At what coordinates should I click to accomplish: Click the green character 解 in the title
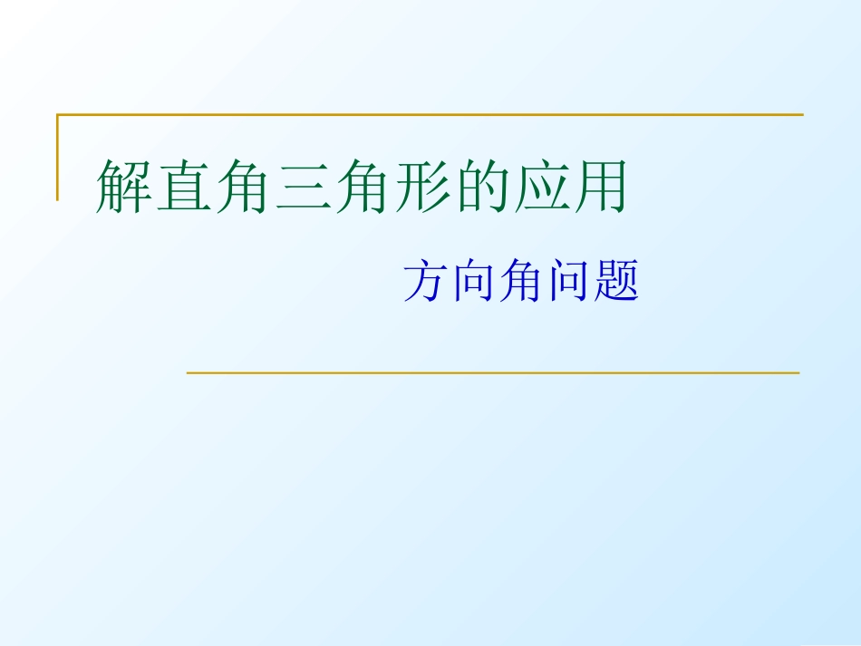[124, 188]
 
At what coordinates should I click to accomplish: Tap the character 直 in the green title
[184, 188]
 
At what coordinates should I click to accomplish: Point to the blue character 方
[427, 282]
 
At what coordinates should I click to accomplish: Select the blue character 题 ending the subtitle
[617, 282]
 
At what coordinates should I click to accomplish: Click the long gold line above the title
[430, 115]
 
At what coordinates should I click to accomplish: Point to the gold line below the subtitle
[493, 372]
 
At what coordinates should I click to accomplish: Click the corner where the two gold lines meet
[58, 115]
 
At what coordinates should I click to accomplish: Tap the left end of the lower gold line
[189, 372]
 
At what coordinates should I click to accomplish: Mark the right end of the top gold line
[801, 115]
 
